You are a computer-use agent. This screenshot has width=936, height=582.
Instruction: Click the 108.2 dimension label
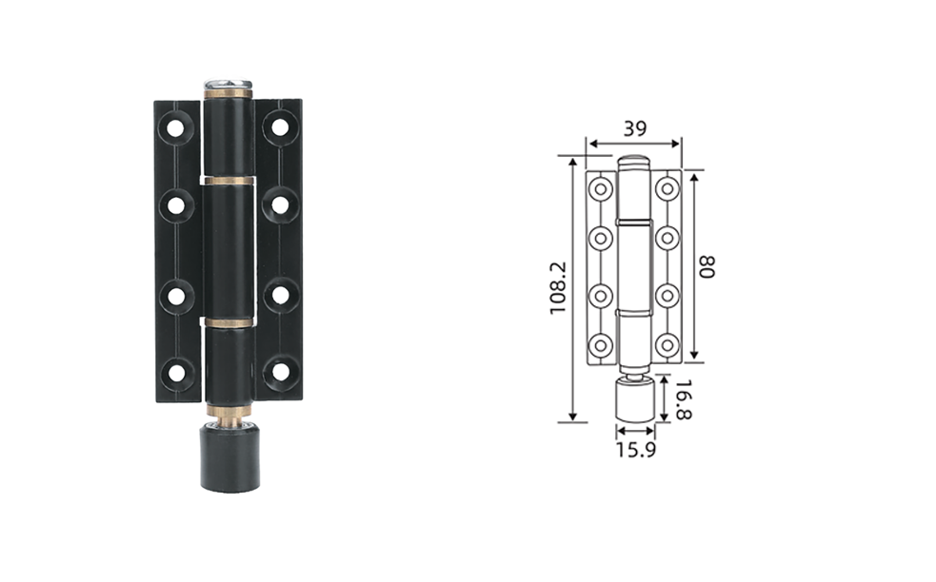tap(557, 288)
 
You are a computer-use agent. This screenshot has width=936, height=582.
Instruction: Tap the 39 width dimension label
tap(634, 128)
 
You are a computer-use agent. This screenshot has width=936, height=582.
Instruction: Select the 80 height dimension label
tap(707, 266)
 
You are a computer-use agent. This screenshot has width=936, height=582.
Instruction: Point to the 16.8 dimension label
tap(684, 399)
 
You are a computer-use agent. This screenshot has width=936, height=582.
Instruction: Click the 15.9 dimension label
tap(636, 450)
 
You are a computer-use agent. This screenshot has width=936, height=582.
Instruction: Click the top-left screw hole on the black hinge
tap(175, 128)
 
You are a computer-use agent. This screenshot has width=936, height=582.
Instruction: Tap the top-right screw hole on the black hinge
tap(279, 127)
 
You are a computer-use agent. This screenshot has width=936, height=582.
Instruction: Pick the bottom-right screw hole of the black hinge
tap(281, 371)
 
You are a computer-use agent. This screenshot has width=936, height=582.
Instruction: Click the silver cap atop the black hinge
tap(228, 83)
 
